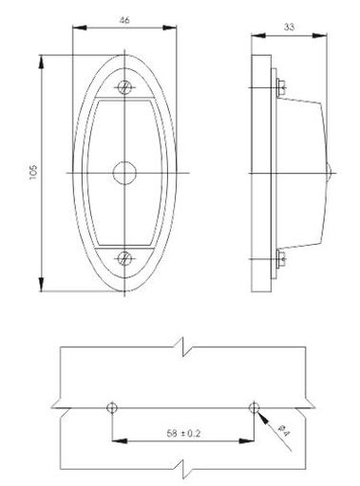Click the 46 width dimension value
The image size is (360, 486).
point(125,19)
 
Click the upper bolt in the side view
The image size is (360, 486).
point(276,87)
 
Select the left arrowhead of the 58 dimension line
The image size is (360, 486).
point(117,441)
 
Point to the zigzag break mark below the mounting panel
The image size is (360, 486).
point(183,467)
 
